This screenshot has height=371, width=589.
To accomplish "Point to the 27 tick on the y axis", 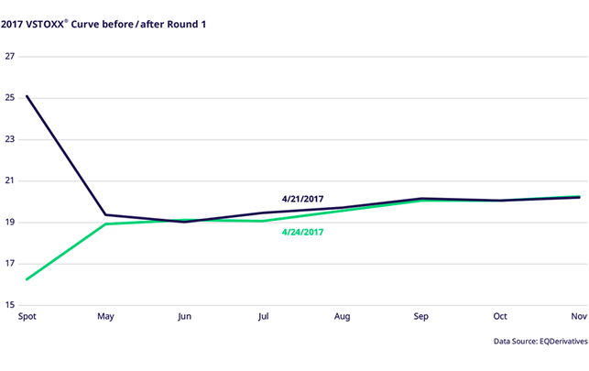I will (x=10, y=56).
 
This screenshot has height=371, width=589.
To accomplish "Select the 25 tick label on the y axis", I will (x=10, y=98).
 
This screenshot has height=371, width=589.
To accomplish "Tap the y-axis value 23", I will (x=10, y=139).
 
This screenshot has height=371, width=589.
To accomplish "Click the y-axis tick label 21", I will (x=10, y=181).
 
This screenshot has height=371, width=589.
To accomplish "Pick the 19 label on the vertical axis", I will (x=10, y=223).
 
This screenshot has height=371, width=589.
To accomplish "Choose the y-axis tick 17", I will (x=10, y=265).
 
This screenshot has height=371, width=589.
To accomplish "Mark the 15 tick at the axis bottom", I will (x=10, y=306).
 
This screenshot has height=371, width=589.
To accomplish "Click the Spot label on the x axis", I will (x=27, y=317).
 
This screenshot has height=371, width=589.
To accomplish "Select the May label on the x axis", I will (x=106, y=317).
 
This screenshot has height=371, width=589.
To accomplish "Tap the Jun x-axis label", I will (x=185, y=317).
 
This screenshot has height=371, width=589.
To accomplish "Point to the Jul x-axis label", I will (x=264, y=317).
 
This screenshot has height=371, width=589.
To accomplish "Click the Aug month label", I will (x=343, y=317).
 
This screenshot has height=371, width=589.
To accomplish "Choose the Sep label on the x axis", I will (x=421, y=317).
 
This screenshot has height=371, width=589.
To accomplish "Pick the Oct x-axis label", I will (x=500, y=317).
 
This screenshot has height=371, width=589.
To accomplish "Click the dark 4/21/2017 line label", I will (x=302, y=198).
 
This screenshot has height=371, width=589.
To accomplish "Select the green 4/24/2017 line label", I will (x=302, y=232).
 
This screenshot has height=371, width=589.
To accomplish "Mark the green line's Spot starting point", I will (x=27, y=278).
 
